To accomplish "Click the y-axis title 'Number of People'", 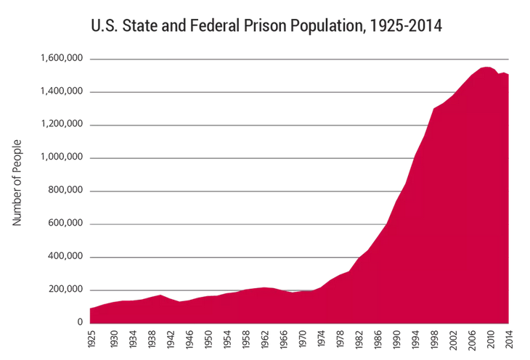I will tap(17, 183).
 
